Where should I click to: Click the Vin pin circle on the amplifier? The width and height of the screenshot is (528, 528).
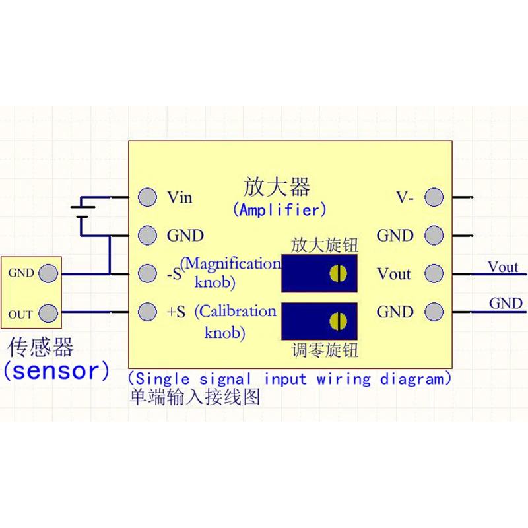(147, 197)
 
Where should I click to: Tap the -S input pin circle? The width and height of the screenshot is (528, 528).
(147, 273)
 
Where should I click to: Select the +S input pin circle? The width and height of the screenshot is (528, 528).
(147, 311)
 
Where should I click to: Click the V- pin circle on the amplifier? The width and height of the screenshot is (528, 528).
(434, 197)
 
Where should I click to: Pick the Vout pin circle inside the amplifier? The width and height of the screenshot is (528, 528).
(434, 273)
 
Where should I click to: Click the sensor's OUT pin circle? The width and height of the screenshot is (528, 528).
(48, 313)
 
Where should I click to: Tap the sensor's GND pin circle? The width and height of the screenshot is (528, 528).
(48, 273)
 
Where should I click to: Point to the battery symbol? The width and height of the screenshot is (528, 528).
(82, 212)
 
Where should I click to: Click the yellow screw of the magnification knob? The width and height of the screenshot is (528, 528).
(338, 273)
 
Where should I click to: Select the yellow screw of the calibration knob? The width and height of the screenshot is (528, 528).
(338, 321)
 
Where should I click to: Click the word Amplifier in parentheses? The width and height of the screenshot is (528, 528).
(279, 210)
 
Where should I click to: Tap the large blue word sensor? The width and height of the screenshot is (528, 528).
(56, 370)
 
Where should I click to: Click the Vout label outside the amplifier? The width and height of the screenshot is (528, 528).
(503, 267)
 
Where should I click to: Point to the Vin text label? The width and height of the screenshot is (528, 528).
(180, 197)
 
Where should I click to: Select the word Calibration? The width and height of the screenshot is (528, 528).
(238, 311)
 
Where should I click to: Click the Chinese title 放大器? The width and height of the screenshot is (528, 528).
(277, 187)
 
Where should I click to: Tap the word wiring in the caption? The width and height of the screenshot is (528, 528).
(343, 379)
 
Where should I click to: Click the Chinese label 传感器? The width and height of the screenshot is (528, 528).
(40, 347)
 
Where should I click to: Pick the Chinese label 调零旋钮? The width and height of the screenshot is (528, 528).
(325, 350)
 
